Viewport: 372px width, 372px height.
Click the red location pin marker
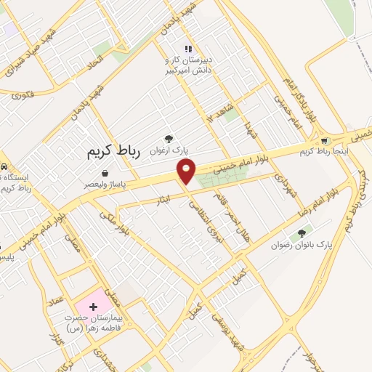coord(187,171)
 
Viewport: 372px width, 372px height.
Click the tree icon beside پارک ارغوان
coord(169,138)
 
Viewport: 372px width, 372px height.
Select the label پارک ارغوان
coord(169,150)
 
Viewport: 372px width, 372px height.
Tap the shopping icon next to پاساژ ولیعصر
coord(106,174)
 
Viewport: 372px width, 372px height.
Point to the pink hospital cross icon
coord(93,307)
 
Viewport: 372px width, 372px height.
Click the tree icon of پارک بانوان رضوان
coord(302,234)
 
